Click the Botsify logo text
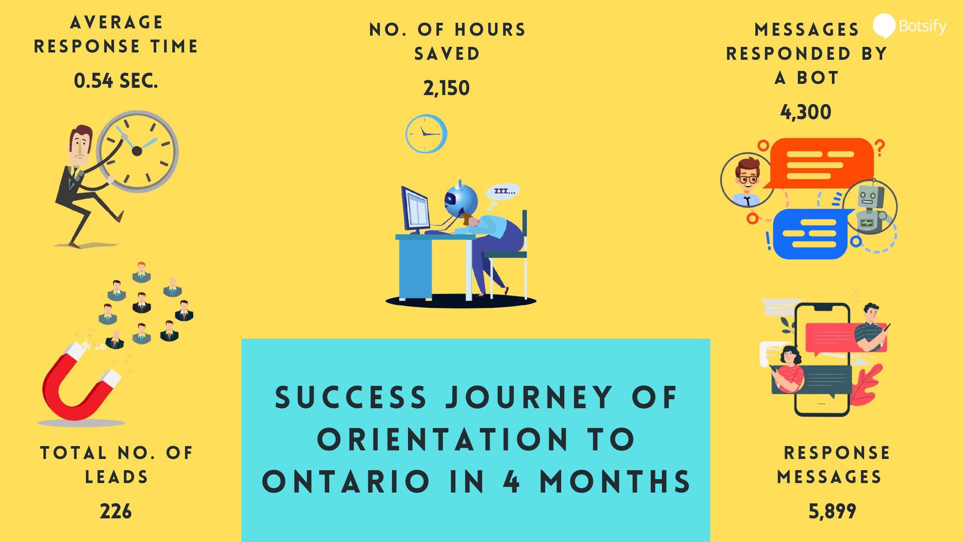coord(923,27)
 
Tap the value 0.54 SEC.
coord(116,81)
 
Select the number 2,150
coord(446,88)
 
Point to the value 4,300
coord(806,112)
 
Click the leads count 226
coord(116,511)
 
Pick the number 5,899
coord(832,511)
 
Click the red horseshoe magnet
coord(80,383)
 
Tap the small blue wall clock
coord(426,133)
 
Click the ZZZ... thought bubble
coord(503,191)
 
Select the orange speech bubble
coord(820,163)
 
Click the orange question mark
coord(880,148)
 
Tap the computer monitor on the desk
coord(415,209)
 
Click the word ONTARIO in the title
coord(346,481)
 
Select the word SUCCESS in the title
coord(351,397)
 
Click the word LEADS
coord(116,477)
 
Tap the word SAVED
coord(447,54)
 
